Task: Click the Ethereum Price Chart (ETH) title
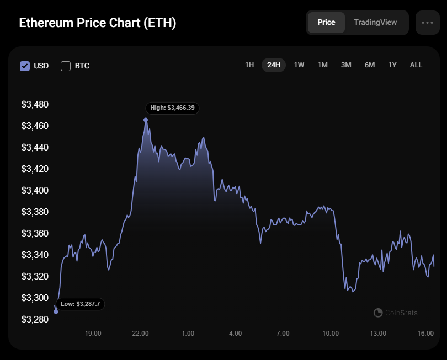point(98,23)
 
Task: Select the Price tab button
point(326,23)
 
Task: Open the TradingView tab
point(375,23)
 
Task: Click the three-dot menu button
point(427,23)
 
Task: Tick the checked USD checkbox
point(25,66)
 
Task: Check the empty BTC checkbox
point(66,66)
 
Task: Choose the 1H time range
point(249,65)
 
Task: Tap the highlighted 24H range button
point(274,65)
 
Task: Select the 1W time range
point(299,65)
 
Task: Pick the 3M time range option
point(346,65)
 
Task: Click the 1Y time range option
point(392,65)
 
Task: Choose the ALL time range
point(416,65)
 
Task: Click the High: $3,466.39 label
point(172,108)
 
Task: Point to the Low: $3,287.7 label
point(80,304)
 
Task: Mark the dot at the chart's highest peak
point(146,120)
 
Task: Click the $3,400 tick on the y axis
point(35,191)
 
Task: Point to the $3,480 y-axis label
point(35,105)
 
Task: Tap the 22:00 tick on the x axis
point(140,334)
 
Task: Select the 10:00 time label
point(331,334)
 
